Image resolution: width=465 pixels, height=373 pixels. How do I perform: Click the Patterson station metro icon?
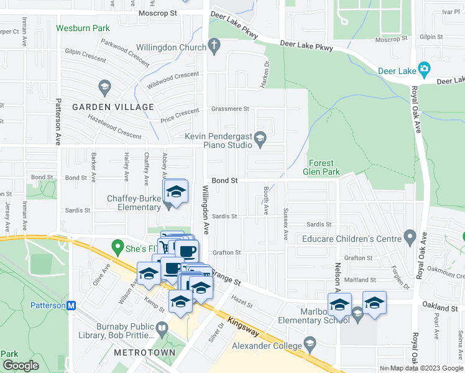tap(71, 305)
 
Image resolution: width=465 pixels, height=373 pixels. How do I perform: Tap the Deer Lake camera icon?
tap(425, 68)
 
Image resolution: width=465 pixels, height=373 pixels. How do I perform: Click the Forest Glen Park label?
tap(321, 167)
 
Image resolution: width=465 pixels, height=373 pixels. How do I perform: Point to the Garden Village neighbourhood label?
tap(113, 107)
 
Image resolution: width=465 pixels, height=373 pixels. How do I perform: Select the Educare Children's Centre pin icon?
tap(409, 237)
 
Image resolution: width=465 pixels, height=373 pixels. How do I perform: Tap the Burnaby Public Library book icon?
tap(162, 328)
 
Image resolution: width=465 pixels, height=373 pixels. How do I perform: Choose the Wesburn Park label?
tap(83, 28)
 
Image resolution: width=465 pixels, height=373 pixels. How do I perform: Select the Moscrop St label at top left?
tap(158, 12)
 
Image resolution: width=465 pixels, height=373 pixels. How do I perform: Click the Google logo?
tap(21, 365)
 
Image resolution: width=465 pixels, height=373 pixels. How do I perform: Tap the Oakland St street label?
tap(440, 308)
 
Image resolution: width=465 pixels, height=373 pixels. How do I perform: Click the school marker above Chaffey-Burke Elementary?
tap(176, 191)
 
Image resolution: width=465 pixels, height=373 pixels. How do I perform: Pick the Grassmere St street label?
tap(229, 109)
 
